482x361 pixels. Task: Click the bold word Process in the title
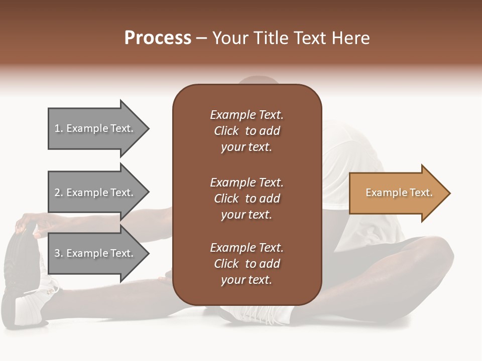pyautogui.click(x=158, y=38)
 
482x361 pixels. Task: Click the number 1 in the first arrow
pyautogui.click(x=57, y=128)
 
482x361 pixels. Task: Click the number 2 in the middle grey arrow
pyautogui.click(x=58, y=193)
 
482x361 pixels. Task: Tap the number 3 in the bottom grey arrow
pyautogui.click(x=58, y=253)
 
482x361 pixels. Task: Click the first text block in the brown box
pyautogui.click(x=247, y=131)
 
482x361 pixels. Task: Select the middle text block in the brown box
pyautogui.click(x=247, y=199)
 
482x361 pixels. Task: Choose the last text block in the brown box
pyautogui.click(x=247, y=264)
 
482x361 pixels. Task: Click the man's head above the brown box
pyautogui.click(x=259, y=80)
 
